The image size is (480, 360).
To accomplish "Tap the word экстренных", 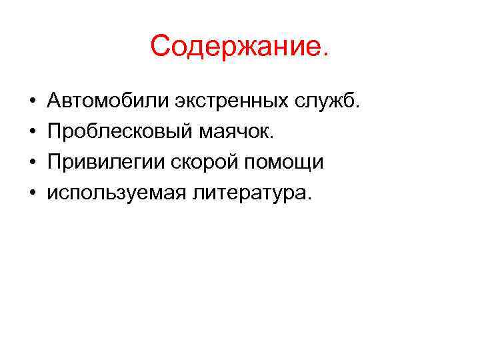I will tap(229, 103).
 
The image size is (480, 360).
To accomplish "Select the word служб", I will tap(326, 102).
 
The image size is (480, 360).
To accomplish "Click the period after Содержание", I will tap(325, 57).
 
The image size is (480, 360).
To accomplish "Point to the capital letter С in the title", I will tap(162, 47).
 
